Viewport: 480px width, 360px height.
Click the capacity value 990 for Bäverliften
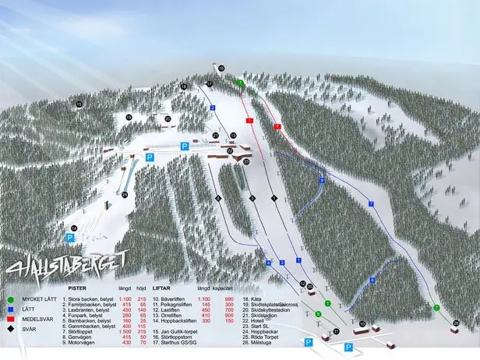click(229, 298)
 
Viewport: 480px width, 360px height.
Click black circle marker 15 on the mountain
click(79, 104)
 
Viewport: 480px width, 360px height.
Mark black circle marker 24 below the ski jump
click(125, 194)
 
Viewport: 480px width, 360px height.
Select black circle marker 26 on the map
click(456, 322)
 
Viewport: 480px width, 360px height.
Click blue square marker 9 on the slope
click(321, 180)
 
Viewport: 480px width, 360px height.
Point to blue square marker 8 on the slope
click(372, 280)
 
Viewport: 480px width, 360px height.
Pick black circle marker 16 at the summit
click(221, 69)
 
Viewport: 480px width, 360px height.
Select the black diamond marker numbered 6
click(274, 198)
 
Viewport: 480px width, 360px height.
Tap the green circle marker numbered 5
click(317, 313)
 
